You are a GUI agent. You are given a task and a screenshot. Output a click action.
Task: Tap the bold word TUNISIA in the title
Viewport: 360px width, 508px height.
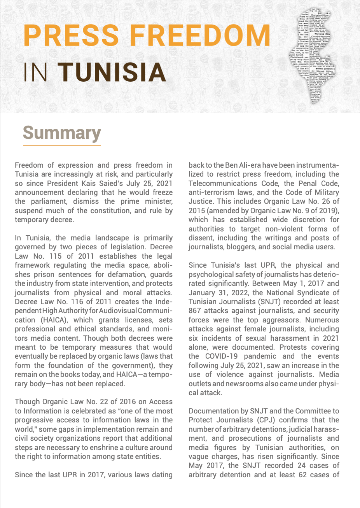click(x=114, y=72)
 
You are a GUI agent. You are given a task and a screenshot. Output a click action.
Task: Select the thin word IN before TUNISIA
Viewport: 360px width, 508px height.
click(x=36, y=72)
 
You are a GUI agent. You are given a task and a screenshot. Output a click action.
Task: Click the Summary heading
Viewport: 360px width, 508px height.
click(x=62, y=133)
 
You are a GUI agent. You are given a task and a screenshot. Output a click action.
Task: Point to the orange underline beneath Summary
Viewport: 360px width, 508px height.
click(x=62, y=145)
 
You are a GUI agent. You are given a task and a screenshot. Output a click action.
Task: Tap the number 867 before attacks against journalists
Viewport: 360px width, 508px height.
click(x=196, y=311)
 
